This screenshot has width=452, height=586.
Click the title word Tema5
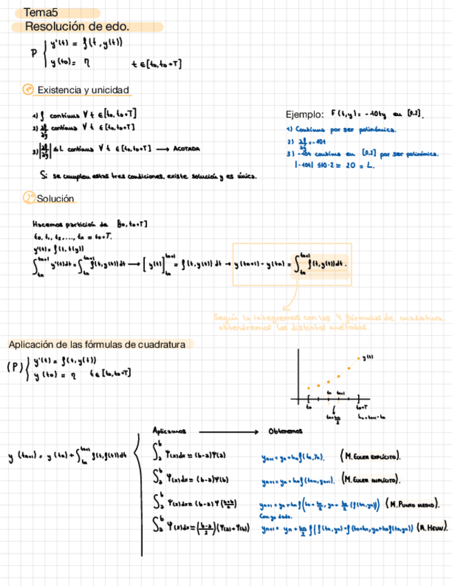point(41,12)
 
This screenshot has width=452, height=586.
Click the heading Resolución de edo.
point(77,27)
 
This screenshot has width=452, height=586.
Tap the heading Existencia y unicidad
point(83,91)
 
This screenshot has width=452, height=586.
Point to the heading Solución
point(55,199)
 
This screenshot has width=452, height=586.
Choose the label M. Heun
point(433,530)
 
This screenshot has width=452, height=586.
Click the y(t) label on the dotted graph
point(368,357)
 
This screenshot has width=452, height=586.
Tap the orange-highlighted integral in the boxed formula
point(326,263)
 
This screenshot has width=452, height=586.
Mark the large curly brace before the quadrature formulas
point(144,491)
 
